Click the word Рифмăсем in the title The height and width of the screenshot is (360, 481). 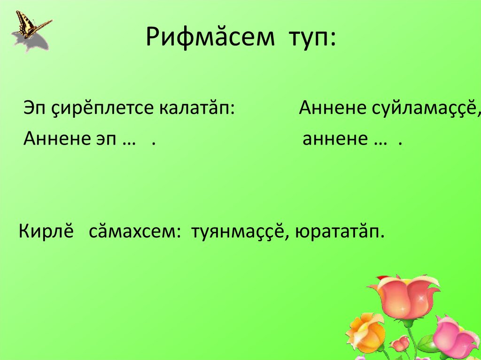click(209, 38)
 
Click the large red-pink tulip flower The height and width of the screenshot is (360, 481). click(405, 296)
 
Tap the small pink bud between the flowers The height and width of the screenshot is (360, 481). click(400, 344)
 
